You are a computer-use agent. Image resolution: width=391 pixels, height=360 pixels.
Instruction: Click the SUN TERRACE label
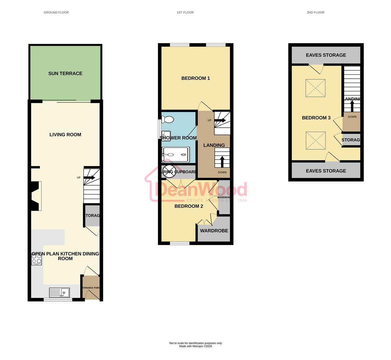pyautogui.click(x=65, y=73)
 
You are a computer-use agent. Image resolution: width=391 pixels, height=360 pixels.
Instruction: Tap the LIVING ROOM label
pyautogui.click(x=65, y=135)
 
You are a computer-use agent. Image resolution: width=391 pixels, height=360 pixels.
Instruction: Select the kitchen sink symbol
pyautogui.click(x=59, y=293)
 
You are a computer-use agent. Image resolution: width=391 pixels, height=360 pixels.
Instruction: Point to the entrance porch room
pyautogui.click(x=91, y=288)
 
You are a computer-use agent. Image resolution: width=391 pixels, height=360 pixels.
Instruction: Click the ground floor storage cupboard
pyautogui.click(x=92, y=215)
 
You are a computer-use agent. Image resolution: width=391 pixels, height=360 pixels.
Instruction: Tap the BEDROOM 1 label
pyautogui.click(x=195, y=78)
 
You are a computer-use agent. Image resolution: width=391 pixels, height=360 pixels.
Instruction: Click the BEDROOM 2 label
pyautogui.click(x=189, y=206)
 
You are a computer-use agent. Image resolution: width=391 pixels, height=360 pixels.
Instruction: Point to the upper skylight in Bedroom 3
pyautogui.click(x=315, y=88)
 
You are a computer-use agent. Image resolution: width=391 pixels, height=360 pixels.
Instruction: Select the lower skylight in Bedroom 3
pyautogui.click(x=315, y=141)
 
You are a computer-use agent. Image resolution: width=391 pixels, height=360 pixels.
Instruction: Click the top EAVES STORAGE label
pyautogui.click(x=326, y=55)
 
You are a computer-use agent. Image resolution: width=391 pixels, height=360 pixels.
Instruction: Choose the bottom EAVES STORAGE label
pyautogui.click(x=326, y=171)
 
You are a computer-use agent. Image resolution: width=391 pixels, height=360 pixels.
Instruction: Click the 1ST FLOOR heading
pyautogui.click(x=185, y=12)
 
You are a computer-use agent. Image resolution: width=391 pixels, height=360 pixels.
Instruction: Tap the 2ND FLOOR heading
pyautogui.click(x=315, y=12)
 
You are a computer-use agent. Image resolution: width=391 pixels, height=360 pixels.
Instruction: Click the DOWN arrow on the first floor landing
pyautogui.click(x=222, y=162)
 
